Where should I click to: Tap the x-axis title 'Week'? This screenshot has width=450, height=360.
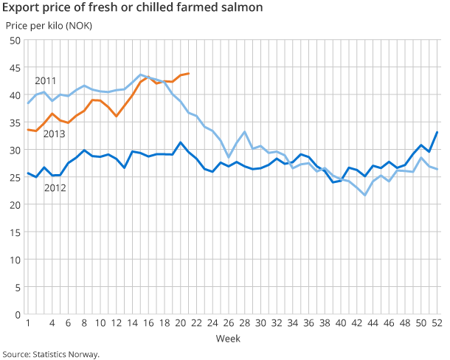[228, 338]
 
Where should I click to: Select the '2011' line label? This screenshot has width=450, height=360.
[46, 80]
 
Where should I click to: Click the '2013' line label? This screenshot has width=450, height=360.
[54, 134]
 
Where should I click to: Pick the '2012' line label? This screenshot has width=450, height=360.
[55, 187]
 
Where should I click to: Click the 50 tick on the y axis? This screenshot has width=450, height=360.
[15, 40]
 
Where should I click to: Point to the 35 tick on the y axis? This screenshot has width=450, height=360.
[15, 122]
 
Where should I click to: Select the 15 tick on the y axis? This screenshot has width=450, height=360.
[15, 232]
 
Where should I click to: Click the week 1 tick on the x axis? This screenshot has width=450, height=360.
[28, 323]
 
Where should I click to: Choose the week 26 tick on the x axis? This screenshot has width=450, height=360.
[228, 323]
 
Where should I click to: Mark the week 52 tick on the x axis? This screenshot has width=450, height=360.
[436, 323]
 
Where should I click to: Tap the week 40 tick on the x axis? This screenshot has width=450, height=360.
[340, 323]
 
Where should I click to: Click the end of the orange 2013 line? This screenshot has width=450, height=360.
[188, 73]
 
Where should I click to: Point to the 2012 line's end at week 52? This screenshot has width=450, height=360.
[436, 132]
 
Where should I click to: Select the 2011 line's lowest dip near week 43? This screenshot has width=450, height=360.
[364, 195]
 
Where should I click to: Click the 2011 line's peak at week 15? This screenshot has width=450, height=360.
[140, 75]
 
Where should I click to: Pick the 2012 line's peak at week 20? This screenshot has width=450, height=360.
[180, 142]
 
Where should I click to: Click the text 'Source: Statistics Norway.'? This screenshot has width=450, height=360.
[50, 353]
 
